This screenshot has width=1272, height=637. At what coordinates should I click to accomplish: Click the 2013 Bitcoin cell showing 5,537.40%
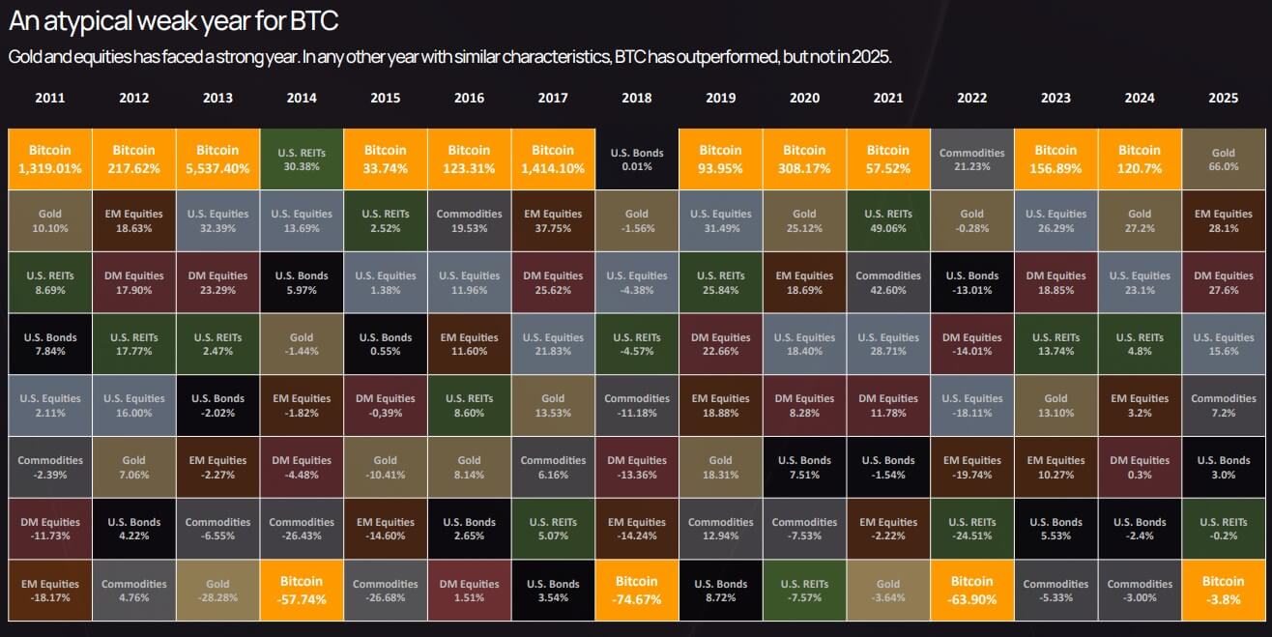[x=217, y=159]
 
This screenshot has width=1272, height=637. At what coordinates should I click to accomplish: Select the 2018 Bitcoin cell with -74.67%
[x=636, y=590]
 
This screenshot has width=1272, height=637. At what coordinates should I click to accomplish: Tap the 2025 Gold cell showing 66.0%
[x=1223, y=159]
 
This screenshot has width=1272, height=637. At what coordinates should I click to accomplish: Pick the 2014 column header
[x=302, y=98]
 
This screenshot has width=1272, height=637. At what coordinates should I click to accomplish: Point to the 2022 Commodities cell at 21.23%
[x=971, y=159]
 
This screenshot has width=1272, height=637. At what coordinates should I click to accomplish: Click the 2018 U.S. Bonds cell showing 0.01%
[x=636, y=159]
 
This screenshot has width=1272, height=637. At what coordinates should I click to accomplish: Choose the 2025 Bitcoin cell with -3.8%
[x=1223, y=590]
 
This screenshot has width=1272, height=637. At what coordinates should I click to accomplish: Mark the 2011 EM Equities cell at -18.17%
[x=50, y=590]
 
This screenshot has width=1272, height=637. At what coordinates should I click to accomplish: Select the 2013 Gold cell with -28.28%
[x=217, y=590]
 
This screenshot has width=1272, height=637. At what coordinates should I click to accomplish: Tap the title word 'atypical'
[x=84, y=20]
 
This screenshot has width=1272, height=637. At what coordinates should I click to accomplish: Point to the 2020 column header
[x=803, y=98]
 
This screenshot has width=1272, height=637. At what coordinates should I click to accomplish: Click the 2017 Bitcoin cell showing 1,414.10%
[x=553, y=159]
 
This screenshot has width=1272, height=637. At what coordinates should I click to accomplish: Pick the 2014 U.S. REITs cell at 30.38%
[x=302, y=159]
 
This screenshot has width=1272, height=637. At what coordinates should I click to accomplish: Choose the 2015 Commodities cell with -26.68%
[x=385, y=590]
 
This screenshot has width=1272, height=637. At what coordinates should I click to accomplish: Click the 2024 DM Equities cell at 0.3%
[x=1140, y=467]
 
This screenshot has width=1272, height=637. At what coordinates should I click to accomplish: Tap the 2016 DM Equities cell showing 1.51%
[x=469, y=590]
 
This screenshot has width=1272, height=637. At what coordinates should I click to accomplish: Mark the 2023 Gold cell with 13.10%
[x=1055, y=405]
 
